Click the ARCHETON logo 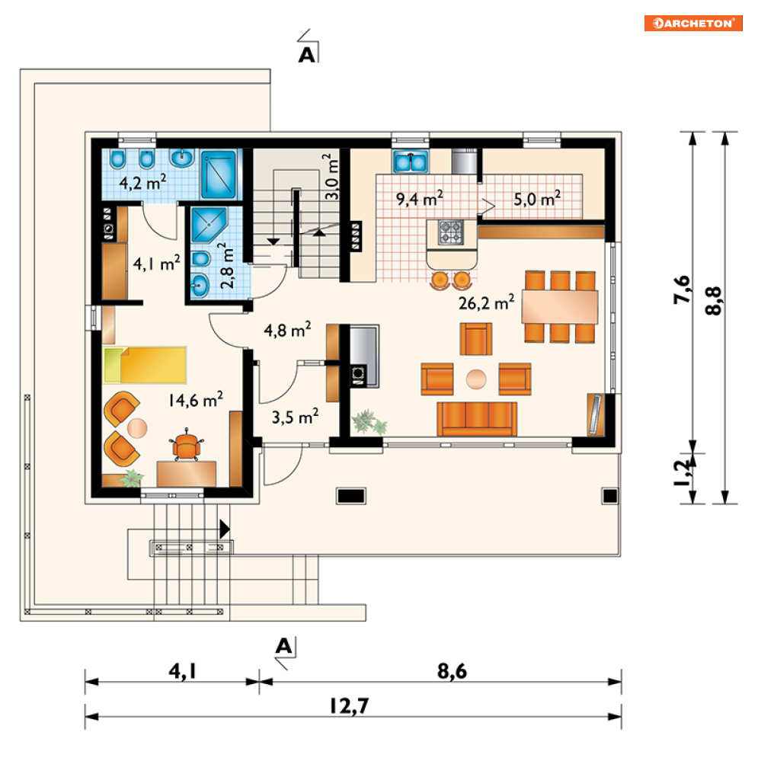(693, 23)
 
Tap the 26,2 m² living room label (486, 302)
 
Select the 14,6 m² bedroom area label (196, 400)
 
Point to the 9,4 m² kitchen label (420, 198)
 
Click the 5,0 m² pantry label (537, 198)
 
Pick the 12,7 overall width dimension (350, 706)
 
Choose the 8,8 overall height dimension (714, 301)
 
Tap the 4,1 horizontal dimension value (183, 671)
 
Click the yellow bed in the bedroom (145, 365)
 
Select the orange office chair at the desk (186, 445)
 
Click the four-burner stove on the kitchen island (451, 232)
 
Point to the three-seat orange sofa (477, 419)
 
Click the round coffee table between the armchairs (477, 379)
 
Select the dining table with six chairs (560, 307)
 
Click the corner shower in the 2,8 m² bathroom (209, 224)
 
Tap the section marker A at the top (306, 55)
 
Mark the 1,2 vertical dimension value (682, 475)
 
